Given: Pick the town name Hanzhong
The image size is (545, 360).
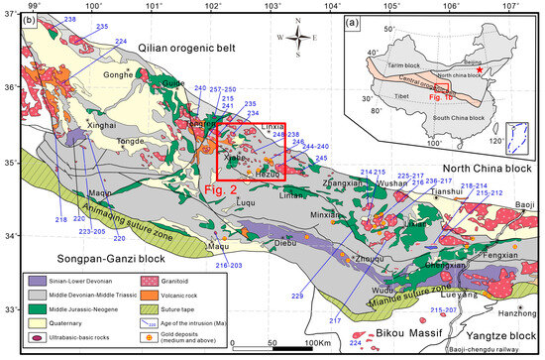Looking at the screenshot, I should (502, 311).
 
